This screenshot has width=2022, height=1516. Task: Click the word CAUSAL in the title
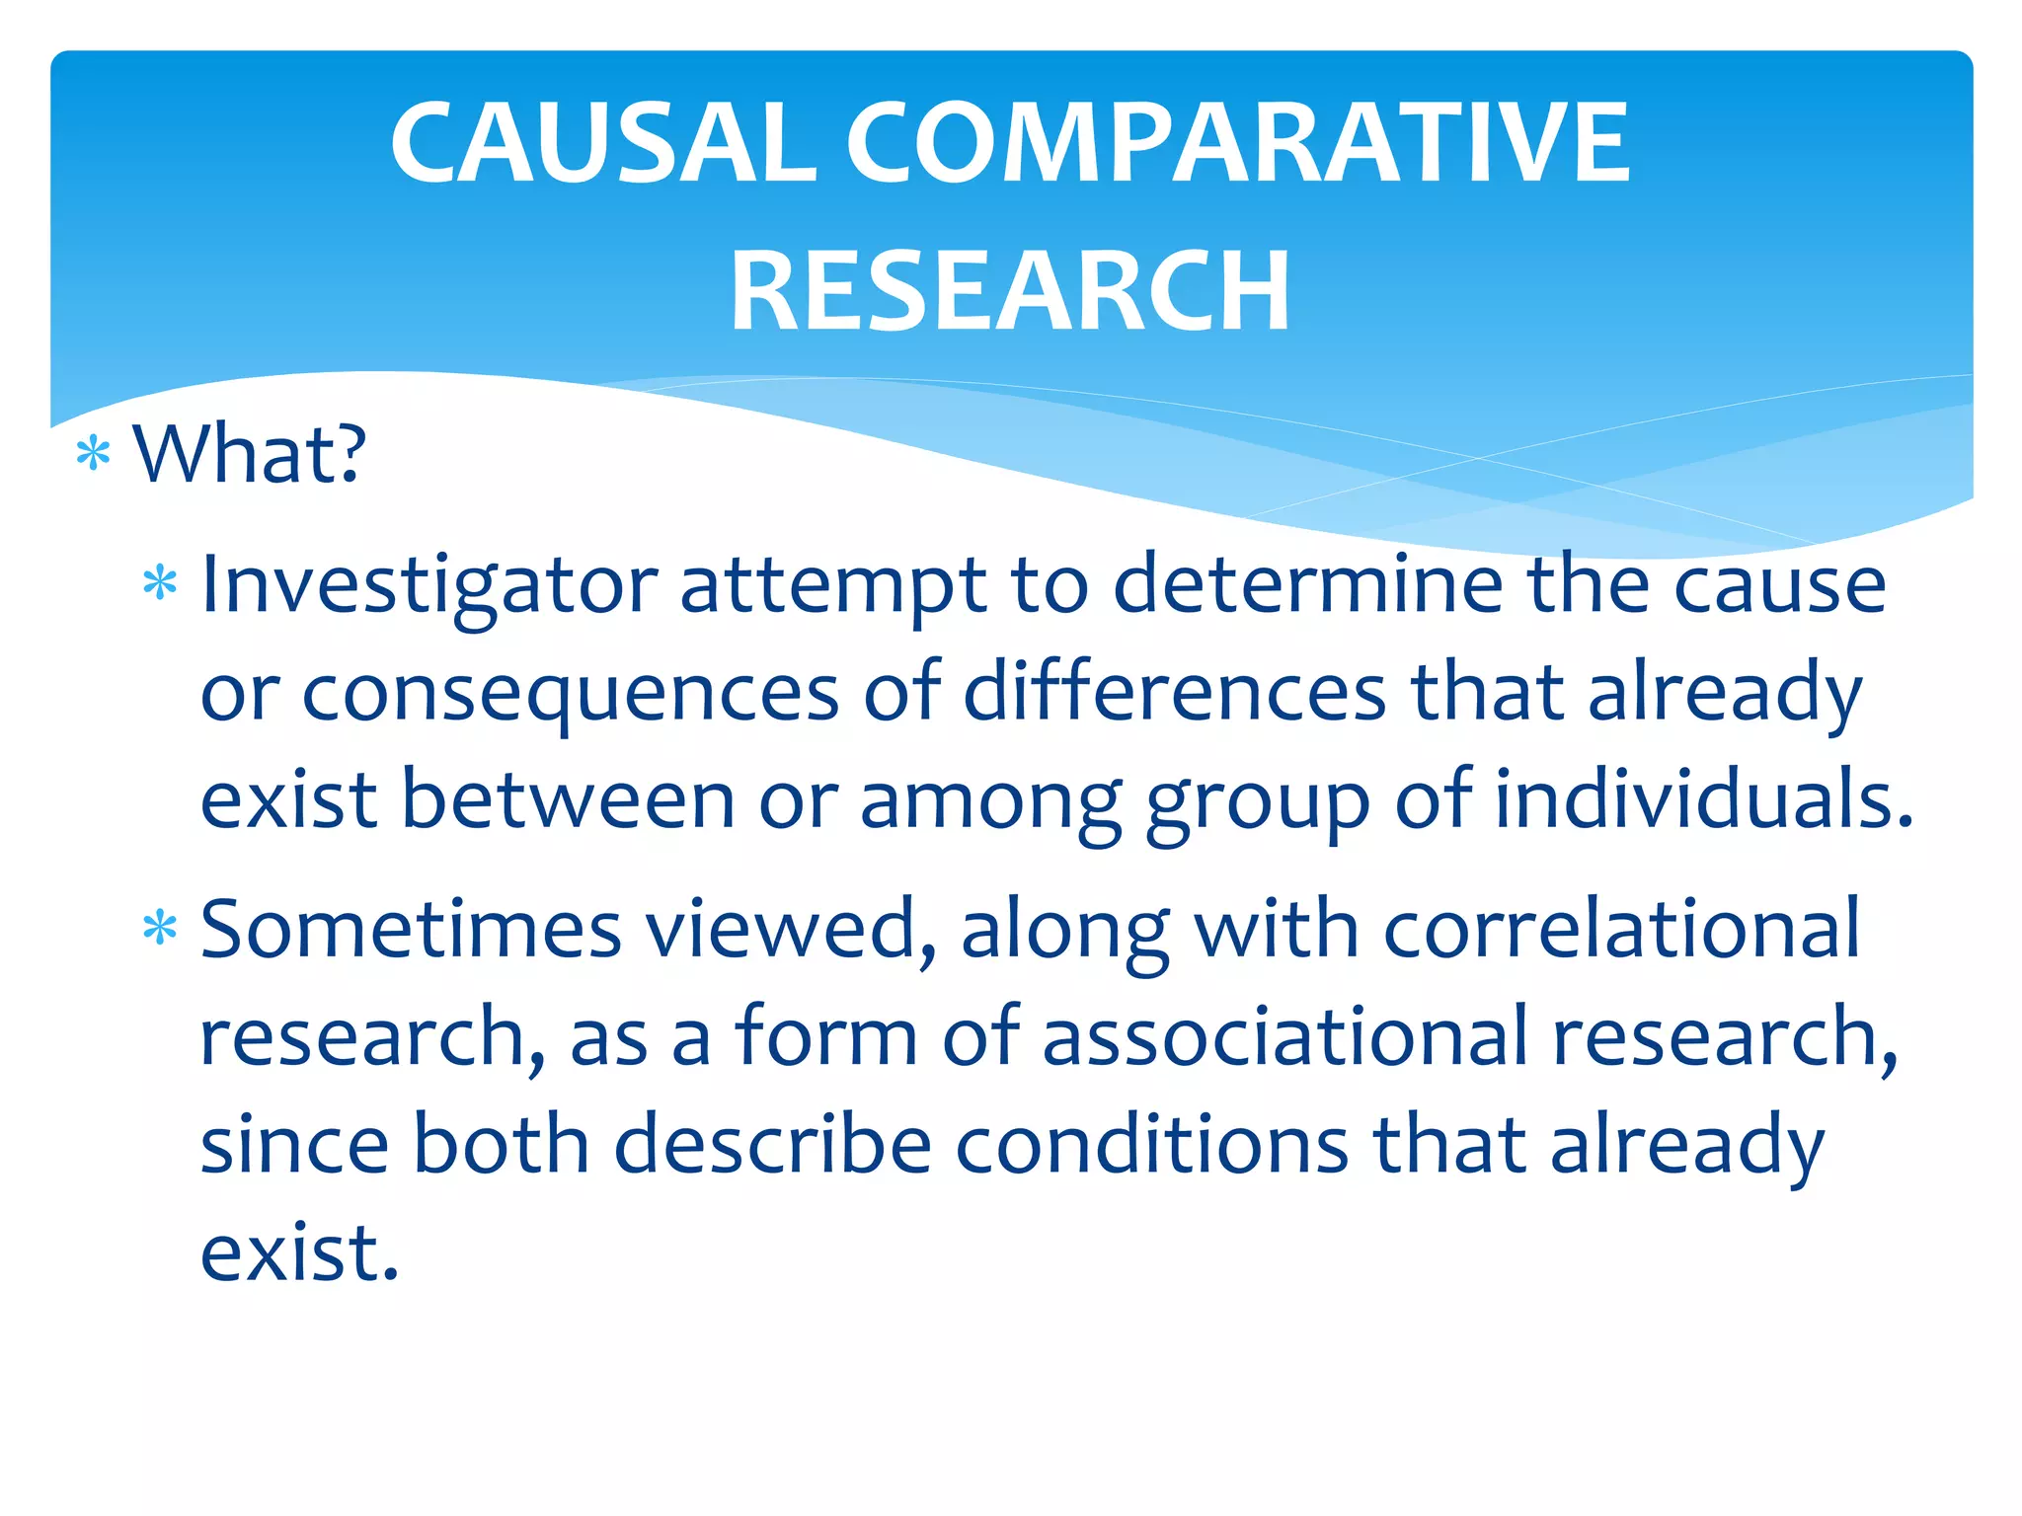602,143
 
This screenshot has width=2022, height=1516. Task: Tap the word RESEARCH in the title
1009,291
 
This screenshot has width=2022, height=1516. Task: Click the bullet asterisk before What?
93,455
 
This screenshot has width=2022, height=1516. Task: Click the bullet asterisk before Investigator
160,584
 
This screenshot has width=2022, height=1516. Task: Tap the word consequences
571,694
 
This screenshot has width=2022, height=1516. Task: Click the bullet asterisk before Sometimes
160,930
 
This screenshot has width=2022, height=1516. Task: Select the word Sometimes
411,930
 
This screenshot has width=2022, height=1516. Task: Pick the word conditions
1151,1144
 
